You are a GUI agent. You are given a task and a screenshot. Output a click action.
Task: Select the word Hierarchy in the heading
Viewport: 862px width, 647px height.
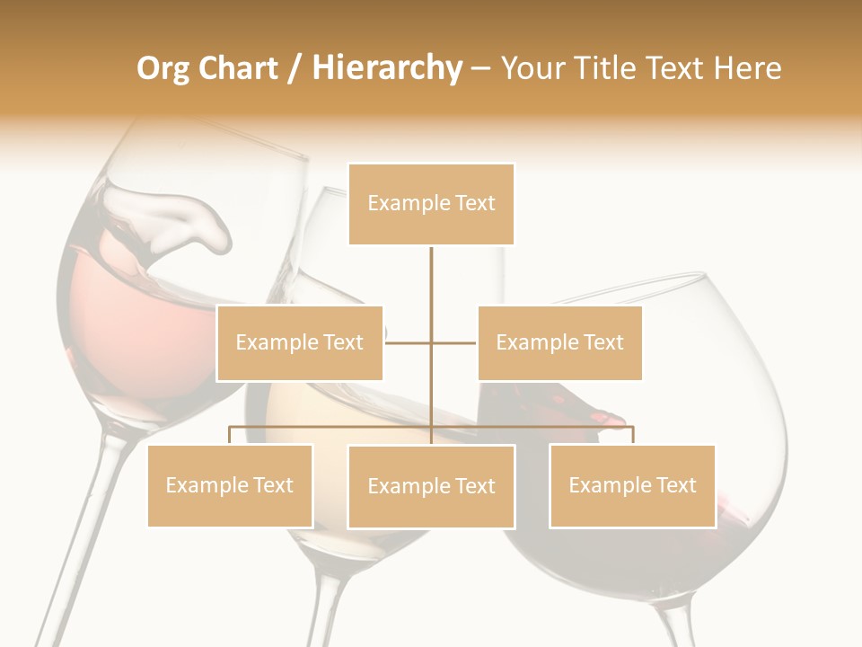(x=387, y=68)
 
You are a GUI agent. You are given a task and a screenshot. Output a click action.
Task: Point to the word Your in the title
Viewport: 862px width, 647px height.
(x=534, y=68)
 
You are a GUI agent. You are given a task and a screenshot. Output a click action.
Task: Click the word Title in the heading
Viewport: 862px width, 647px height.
(x=607, y=68)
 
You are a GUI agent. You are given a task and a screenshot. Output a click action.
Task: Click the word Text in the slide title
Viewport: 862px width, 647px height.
(x=675, y=68)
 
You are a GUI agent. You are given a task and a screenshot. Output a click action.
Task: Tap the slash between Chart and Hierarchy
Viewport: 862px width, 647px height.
(x=295, y=69)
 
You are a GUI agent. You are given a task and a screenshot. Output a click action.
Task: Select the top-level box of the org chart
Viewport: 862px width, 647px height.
(x=431, y=204)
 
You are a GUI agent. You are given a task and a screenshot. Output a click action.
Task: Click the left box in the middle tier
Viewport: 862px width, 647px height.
(x=300, y=342)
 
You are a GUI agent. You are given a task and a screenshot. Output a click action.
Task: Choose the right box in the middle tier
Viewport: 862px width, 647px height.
(x=559, y=342)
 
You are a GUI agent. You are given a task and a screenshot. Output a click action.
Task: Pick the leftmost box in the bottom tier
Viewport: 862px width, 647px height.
(x=230, y=485)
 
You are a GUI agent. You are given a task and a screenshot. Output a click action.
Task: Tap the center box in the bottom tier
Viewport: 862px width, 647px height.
(x=431, y=486)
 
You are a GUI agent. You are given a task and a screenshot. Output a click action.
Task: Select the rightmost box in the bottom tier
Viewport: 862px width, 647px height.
(x=632, y=485)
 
